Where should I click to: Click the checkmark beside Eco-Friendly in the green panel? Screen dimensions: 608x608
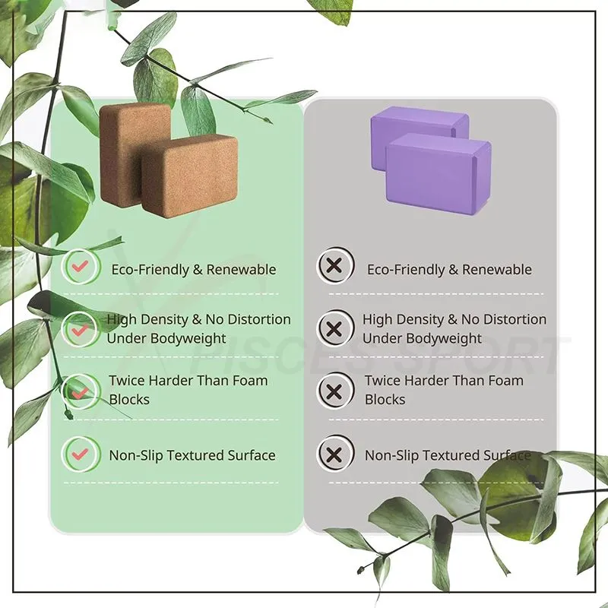81,267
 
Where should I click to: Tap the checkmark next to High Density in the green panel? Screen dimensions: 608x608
81,330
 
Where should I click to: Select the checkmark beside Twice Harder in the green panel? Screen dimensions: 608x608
81,392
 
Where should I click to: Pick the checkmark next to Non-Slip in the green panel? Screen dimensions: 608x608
81,454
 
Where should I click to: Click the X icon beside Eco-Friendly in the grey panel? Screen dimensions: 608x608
334,266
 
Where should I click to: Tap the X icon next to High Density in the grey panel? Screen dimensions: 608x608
334,329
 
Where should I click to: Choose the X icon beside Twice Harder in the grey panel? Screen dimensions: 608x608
334,391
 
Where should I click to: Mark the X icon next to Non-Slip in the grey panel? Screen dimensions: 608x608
334,454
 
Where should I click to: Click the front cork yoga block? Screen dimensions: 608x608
190,176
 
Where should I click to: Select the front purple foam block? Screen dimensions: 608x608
439,174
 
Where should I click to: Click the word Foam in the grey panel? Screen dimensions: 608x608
505,381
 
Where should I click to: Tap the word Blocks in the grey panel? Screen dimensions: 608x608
385,400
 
